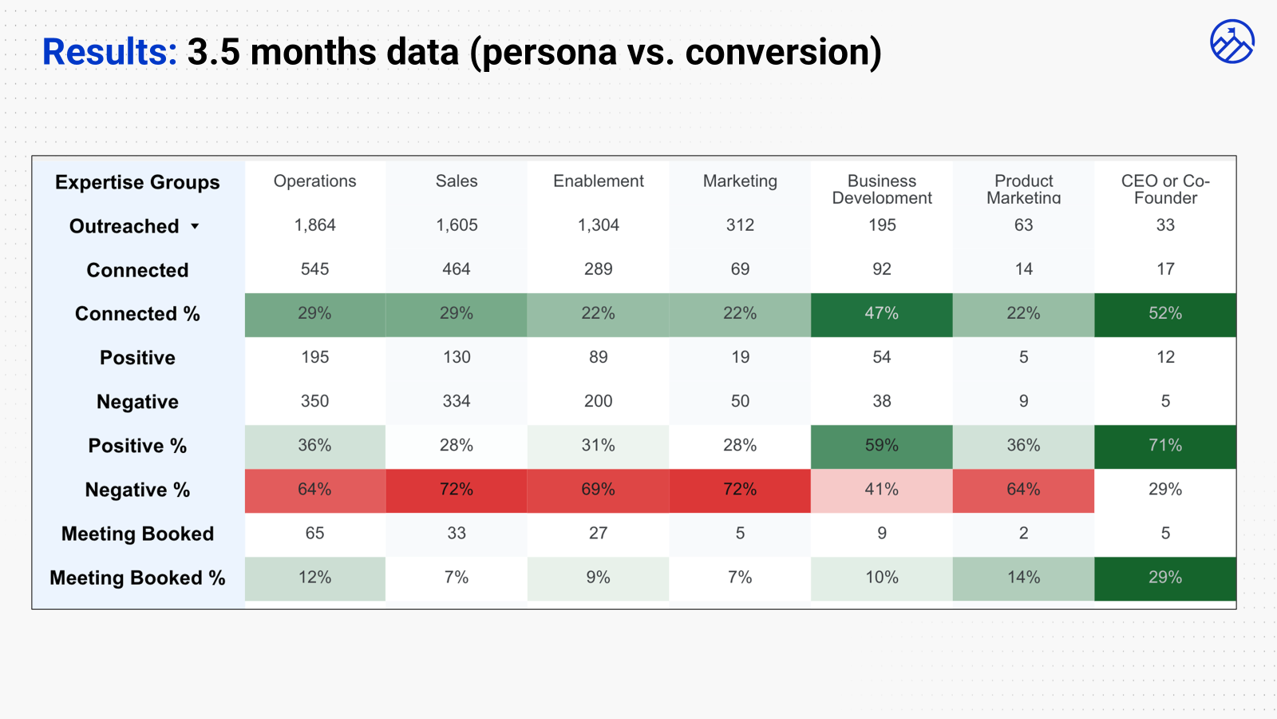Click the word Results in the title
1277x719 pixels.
(x=109, y=52)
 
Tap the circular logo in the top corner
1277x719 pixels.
(x=1232, y=42)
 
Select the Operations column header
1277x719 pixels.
(x=314, y=181)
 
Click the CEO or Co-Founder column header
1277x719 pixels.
(x=1165, y=189)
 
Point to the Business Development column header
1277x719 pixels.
(x=881, y=189)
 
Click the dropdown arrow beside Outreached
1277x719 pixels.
(x=195, y=226)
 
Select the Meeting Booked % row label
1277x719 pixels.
(x=137, y=578)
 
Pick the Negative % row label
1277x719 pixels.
(x=137, y=490)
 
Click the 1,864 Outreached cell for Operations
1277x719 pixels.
(x=314, y=225)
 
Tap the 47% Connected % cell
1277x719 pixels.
(x=881, y=313)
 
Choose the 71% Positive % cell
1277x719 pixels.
(x=1165, y=445)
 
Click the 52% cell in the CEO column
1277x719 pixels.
(x=1165, y=313)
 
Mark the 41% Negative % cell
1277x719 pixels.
(x=881, y=489)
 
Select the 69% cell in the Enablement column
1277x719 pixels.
(x=598, y=489)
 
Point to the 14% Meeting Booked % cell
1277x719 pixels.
(x=1023, y=577)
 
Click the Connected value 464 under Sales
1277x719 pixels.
(x=457, y=269)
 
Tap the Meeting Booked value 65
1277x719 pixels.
(x=314, y=533)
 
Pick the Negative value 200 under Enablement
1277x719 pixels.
(x=598, y=401)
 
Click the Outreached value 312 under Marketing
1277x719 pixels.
(x=740, y=225)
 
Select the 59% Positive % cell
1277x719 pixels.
(x=881, y=445)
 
